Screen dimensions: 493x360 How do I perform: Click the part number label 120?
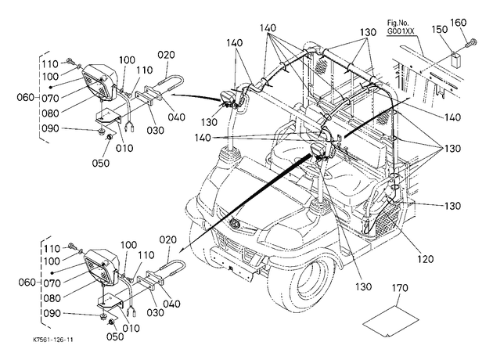[x=426, y=258]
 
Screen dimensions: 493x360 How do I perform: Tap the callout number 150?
[x=439, y=29]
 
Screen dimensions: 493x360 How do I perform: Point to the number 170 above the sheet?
[x=400, y=288]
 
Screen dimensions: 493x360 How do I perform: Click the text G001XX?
[x=401, y=31]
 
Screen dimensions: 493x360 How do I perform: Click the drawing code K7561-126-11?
[x=53, y=340]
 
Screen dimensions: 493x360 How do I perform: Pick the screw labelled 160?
[x=471, y=43]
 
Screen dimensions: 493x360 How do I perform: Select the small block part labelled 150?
[x=456, y=59]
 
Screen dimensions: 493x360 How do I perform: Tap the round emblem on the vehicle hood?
[x=235, y=224]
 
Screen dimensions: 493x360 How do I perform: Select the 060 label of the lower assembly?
[x=27, y=283]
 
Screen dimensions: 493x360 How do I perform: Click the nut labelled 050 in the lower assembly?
[x=111, y=322]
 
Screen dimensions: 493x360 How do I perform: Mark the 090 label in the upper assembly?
[x=50, y=128]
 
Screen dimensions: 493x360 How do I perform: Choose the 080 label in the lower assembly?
[x=52, y=298]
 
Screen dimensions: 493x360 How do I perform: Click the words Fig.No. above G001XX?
[x=398, y=23]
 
